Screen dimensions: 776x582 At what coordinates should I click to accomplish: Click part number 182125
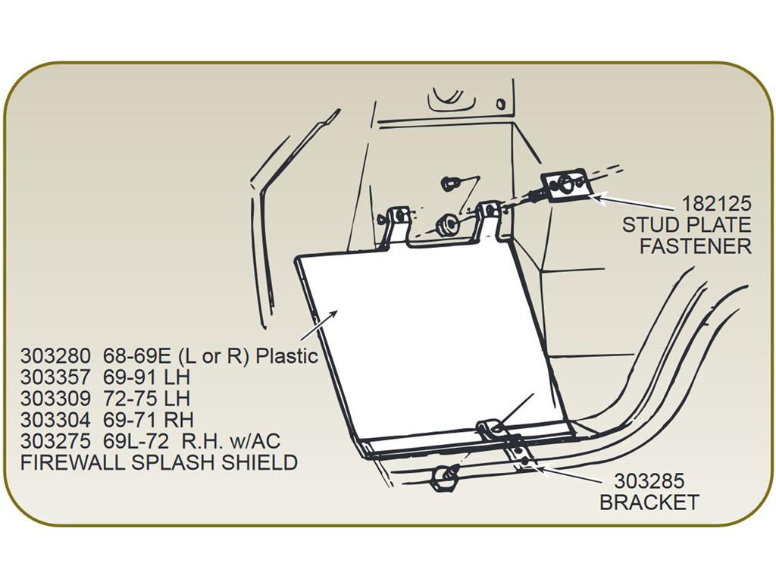[x=716, y=203]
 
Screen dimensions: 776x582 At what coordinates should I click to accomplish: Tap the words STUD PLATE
[x=687, y=224]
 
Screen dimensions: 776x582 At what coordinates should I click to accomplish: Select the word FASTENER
[x=696, y=246]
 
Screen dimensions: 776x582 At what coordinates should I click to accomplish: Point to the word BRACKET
[x=649, y=502]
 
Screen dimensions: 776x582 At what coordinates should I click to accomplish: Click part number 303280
[x=55, y=355]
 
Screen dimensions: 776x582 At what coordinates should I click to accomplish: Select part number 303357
[x=55, y=377]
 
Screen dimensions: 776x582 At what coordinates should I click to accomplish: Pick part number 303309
[x=55, y=399]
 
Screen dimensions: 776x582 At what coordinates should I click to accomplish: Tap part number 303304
[x=55, y=420]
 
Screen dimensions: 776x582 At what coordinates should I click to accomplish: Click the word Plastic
[x=286, y=355]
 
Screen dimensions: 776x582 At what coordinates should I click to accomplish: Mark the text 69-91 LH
[x=146, y=377]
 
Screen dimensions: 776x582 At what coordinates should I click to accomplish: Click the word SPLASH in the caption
[x=177, y=462]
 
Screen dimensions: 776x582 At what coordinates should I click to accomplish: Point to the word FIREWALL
[x=75, y=462]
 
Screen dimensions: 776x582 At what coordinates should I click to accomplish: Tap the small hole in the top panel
[x=501, y=104]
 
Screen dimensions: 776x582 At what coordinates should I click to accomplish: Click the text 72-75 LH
[x=146, y=399]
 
